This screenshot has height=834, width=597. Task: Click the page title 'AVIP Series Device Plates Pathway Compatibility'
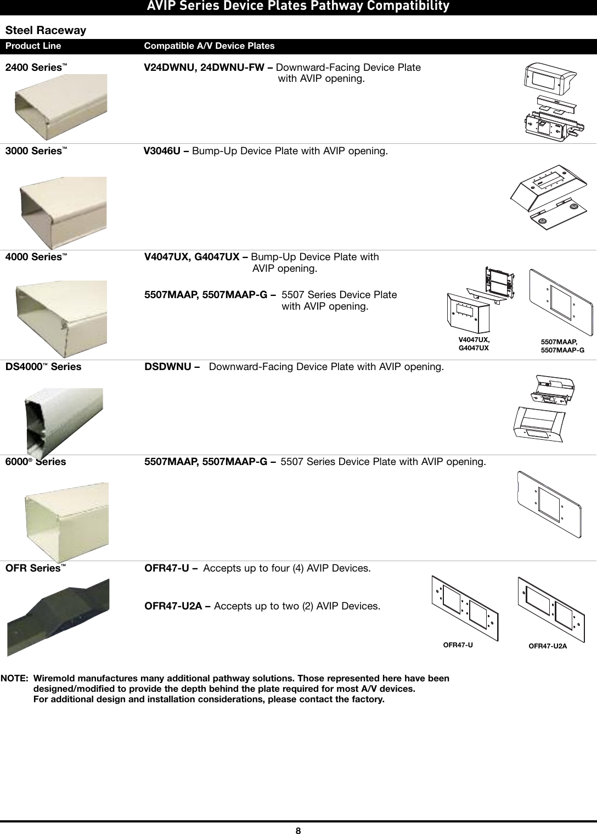pyautogui.click(x=298, y=7)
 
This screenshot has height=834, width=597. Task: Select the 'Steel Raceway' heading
pyautogui.click(x=46, y=30)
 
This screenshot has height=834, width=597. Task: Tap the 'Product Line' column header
pyautogui.click(x=33, y=46)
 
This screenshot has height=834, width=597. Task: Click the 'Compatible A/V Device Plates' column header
pyautogui.click(x=209, y=46)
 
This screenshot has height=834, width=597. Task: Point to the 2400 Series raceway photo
pyautogui.click(x=60, y=107)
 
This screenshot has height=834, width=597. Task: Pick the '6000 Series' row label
pyautogui.click(x=36, y=462)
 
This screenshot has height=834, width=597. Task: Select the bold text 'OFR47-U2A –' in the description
pyautogui.click(x=177, y=606)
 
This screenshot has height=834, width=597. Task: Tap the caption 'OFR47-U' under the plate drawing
pyautogui.click(x=458, y=645)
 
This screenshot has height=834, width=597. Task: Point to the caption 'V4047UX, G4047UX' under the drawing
pyautogui.click(x=474, y=344)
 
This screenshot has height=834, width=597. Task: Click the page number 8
pyautogui.click(x=298, y=830)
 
